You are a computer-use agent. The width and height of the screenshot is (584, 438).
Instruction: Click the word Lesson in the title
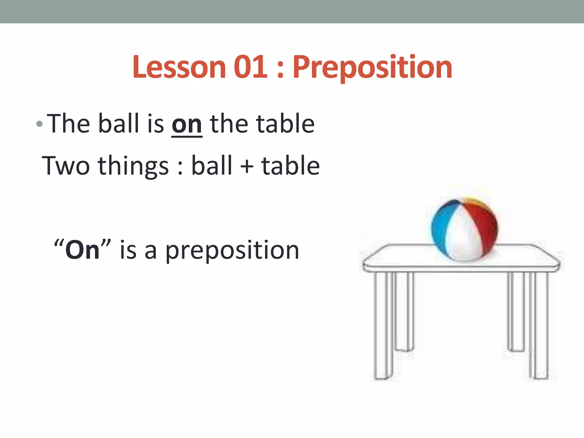pos(179,67)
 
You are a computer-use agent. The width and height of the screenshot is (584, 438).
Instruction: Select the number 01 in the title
pos(251,67)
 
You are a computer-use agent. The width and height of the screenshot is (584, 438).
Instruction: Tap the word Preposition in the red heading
pos(372,67)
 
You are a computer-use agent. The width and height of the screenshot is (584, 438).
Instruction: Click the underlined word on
pos(187,124)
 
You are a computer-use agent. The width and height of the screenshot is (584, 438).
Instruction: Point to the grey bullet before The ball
pos(40,124)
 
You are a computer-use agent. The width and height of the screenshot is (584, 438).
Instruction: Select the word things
pos(133,166)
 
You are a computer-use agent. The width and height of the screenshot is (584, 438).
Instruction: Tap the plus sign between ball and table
pos(247,167)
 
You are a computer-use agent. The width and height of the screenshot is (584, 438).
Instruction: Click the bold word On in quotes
pos(82,250)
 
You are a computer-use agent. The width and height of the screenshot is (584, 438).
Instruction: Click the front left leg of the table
pos(384,325)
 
